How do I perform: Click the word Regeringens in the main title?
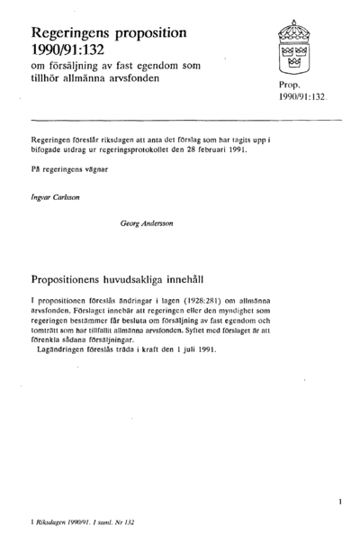(74, 32)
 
